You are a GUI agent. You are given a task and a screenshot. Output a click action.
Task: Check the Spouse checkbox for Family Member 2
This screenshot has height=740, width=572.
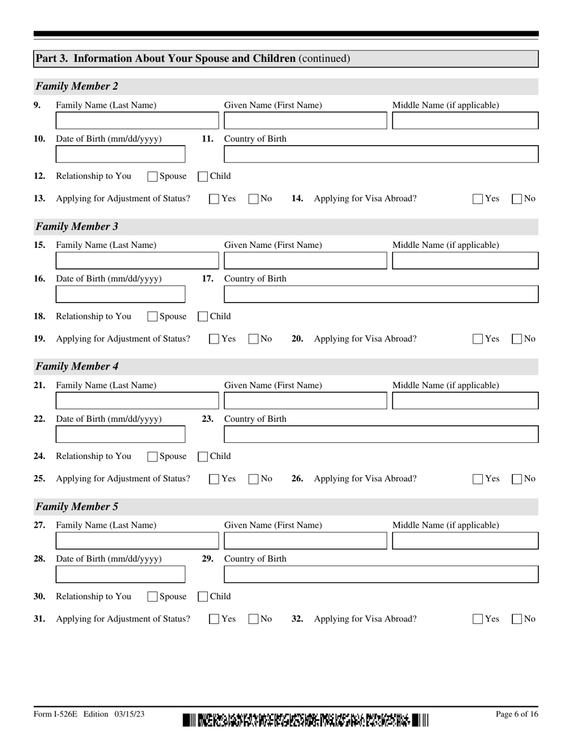coord(152,177)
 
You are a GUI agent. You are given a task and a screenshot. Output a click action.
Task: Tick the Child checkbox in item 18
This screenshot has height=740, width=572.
coord(203,316)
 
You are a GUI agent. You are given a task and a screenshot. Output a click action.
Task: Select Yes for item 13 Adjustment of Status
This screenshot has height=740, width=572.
coord(214,199)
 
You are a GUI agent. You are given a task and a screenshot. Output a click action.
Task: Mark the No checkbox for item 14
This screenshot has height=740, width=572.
coord(517,199)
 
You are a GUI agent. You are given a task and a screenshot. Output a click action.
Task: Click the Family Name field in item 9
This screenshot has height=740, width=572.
coord(137,121)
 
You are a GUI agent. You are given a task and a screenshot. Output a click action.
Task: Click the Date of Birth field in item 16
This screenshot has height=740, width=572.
coord(120,294)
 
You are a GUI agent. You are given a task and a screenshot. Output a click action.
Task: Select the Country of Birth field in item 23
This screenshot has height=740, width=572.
coord(381,434)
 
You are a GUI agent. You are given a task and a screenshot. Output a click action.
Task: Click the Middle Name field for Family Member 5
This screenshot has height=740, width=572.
coord(465,541)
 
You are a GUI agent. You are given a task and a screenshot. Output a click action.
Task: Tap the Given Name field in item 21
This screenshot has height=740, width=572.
coord(305,401)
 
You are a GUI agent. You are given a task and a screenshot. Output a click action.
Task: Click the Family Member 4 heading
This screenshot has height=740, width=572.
coord(77,366)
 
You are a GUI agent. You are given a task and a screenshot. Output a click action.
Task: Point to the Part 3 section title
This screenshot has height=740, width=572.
coord(193,58)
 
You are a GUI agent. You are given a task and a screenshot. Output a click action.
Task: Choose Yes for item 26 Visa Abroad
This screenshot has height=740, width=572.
coord(478,479)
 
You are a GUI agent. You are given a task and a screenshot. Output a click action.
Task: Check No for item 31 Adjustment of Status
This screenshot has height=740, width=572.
coord(253,619)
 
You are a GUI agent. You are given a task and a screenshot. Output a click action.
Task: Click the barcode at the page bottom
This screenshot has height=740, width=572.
coord(305,720)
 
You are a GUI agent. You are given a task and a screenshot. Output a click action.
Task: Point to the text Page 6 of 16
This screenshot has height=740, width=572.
coord(517,714)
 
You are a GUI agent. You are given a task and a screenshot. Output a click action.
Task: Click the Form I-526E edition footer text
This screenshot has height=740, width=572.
coord(89,714)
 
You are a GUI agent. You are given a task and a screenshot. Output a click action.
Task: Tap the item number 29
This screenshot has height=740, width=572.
coord(207,559)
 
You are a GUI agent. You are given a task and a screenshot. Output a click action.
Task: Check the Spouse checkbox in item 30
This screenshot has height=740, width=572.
coord(152,597)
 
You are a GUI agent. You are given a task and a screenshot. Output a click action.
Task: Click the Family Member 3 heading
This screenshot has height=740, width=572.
coord(77,227)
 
